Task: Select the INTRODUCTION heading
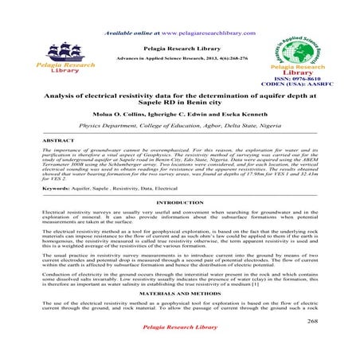click(179, 204)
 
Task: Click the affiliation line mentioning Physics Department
click(179, 126)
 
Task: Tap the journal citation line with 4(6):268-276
click(179, 59)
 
